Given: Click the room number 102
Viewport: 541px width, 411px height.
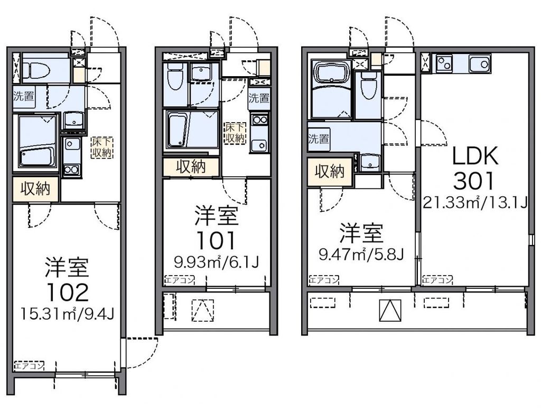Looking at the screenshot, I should [x=66, y=292].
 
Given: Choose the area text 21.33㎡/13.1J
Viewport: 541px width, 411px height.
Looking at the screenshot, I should [x=474, y=202].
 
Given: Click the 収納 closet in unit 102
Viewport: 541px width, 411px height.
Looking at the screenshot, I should [x=35, y=189].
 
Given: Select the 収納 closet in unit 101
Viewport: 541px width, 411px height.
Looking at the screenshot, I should [x=190, y=167].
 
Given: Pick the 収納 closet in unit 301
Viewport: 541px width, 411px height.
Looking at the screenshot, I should [x=330, y=171].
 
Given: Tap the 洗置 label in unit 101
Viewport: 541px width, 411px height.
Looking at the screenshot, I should [x=259, y=98].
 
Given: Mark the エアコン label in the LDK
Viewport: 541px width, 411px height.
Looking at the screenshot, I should [x=437, y=280].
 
